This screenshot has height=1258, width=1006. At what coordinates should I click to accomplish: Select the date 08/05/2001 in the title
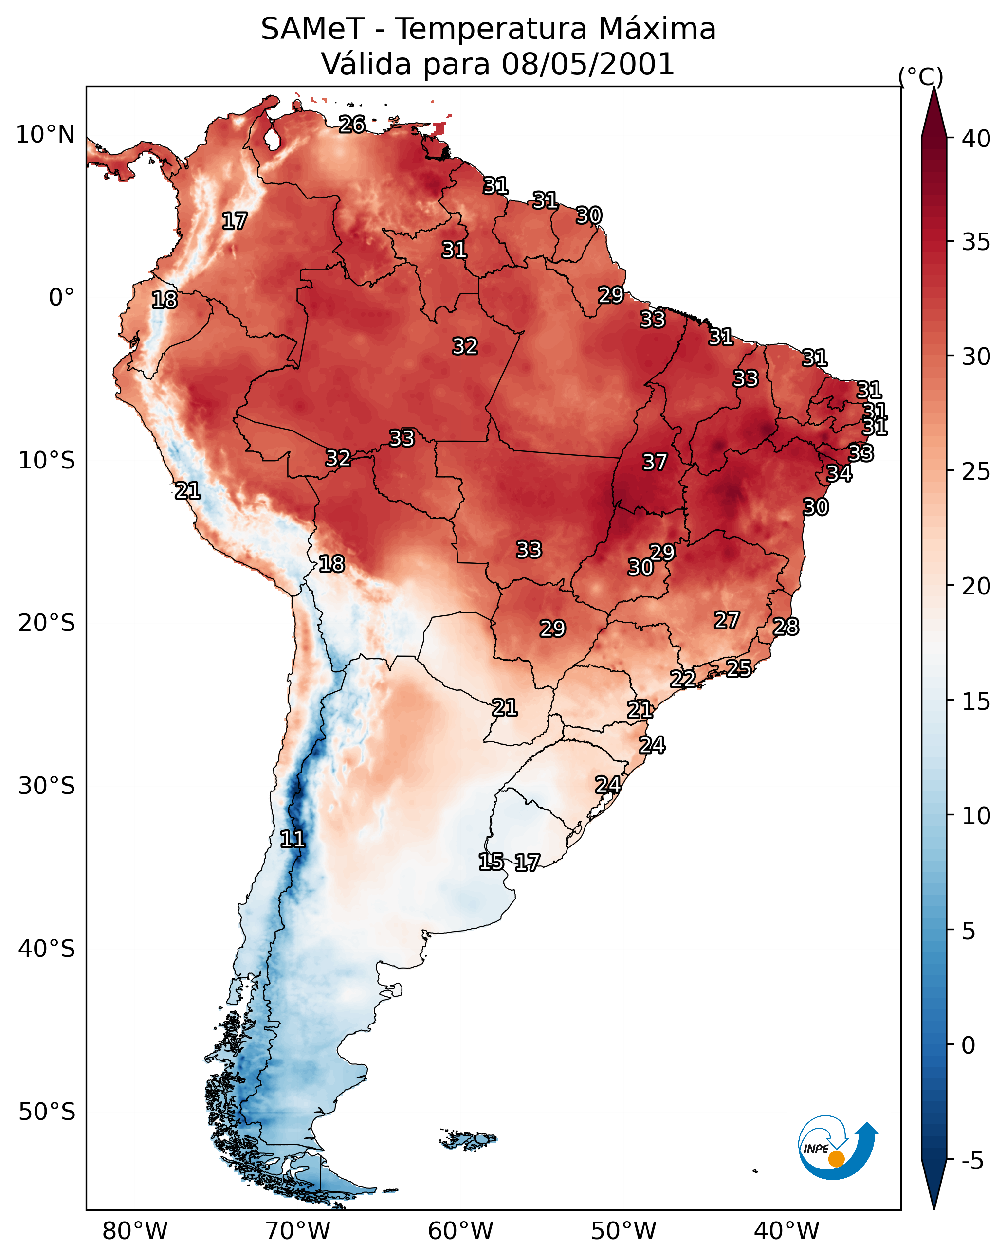tap(588, 64)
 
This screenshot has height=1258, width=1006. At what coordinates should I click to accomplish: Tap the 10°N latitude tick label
tap(45, 135)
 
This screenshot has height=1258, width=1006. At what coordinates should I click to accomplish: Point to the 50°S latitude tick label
tap(47, 1112)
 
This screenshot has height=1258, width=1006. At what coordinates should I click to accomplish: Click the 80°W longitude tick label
tap(135, 1231)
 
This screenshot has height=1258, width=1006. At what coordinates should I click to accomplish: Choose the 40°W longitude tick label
tap(787, 1231)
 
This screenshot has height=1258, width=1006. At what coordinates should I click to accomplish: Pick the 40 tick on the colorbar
tap(976, 139)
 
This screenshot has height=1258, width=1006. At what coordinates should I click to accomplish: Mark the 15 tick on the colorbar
tap(976, 701)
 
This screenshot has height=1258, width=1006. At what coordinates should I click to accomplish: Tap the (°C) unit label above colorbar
tap(921, 76)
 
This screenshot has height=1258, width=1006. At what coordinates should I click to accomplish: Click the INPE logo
tap(837, 1148)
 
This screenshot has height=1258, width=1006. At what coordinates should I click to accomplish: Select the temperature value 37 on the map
tap(655, 462)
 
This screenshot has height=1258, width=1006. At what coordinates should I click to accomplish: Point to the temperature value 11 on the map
tap(292, 839)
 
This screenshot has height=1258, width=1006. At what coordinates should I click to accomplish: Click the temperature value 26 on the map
tap(352, 124)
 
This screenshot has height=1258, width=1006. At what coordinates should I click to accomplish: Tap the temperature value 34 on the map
tap(839, 474)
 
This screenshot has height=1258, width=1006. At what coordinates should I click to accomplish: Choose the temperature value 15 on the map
tap(491, 862)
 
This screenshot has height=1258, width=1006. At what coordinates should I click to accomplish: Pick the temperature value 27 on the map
tap(727, 620)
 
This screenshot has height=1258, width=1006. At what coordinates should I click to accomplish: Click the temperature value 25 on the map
tap(739, 668)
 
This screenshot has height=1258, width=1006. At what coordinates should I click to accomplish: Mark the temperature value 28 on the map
tap(786, 627)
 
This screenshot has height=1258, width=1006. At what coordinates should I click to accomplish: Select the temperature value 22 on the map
tap(682, 679)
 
